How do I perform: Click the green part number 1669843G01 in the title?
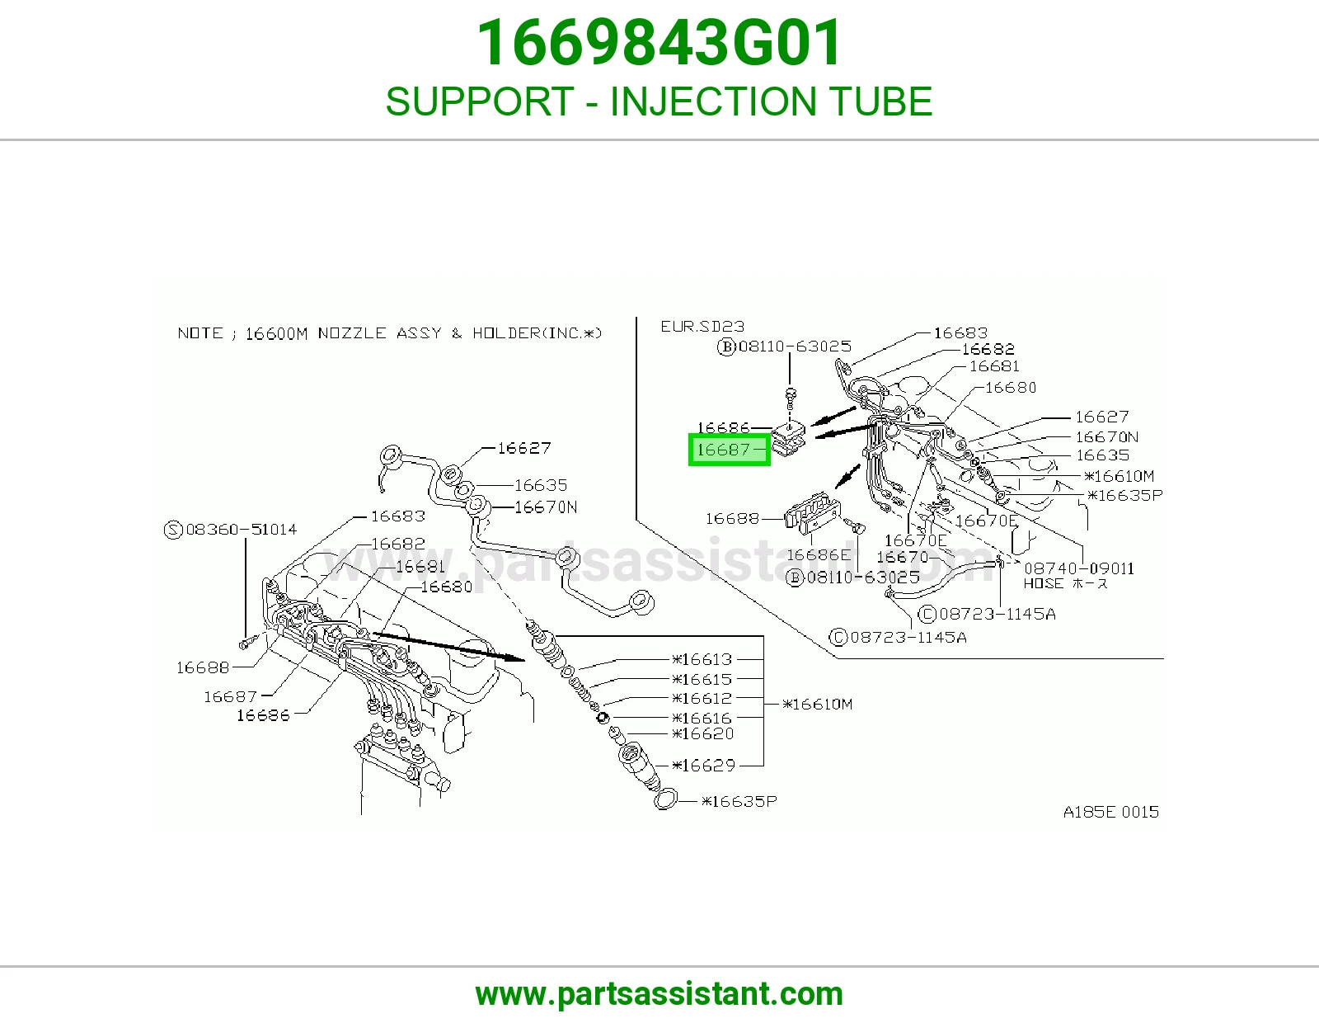coord(659,42)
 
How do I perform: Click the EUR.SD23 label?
coord(702,326)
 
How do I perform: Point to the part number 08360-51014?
coord(242,529)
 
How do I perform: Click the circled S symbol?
coord(174,530)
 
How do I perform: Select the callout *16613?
coord(702,659)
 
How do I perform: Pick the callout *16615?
coord(702,679)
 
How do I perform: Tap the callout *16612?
coord(702,699)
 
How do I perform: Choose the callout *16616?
coord(702,718)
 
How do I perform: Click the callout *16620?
coord(703,734)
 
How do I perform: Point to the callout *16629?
coord(703,766)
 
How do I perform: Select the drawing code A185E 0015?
coord(1110,812)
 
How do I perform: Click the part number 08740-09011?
coord(1079,568)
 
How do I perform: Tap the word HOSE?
coord(1044,584)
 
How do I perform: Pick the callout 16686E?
coord(819,554)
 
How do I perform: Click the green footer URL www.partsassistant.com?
coord(659,994)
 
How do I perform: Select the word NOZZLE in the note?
coord(352,333)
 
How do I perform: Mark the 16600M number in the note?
coord(277,333)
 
